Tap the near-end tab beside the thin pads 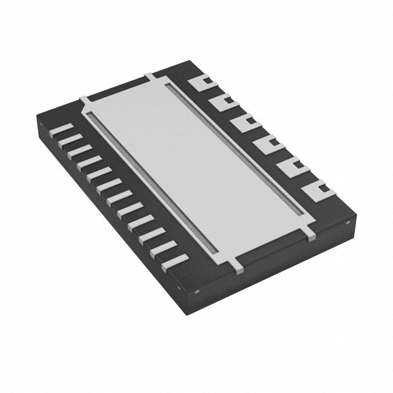237,265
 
